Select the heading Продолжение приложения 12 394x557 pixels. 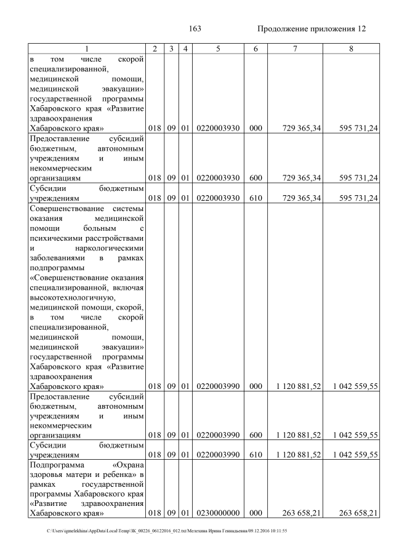312,29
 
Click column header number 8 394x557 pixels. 350,49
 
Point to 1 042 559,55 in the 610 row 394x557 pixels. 355,455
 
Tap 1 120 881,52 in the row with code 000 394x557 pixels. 299,386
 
